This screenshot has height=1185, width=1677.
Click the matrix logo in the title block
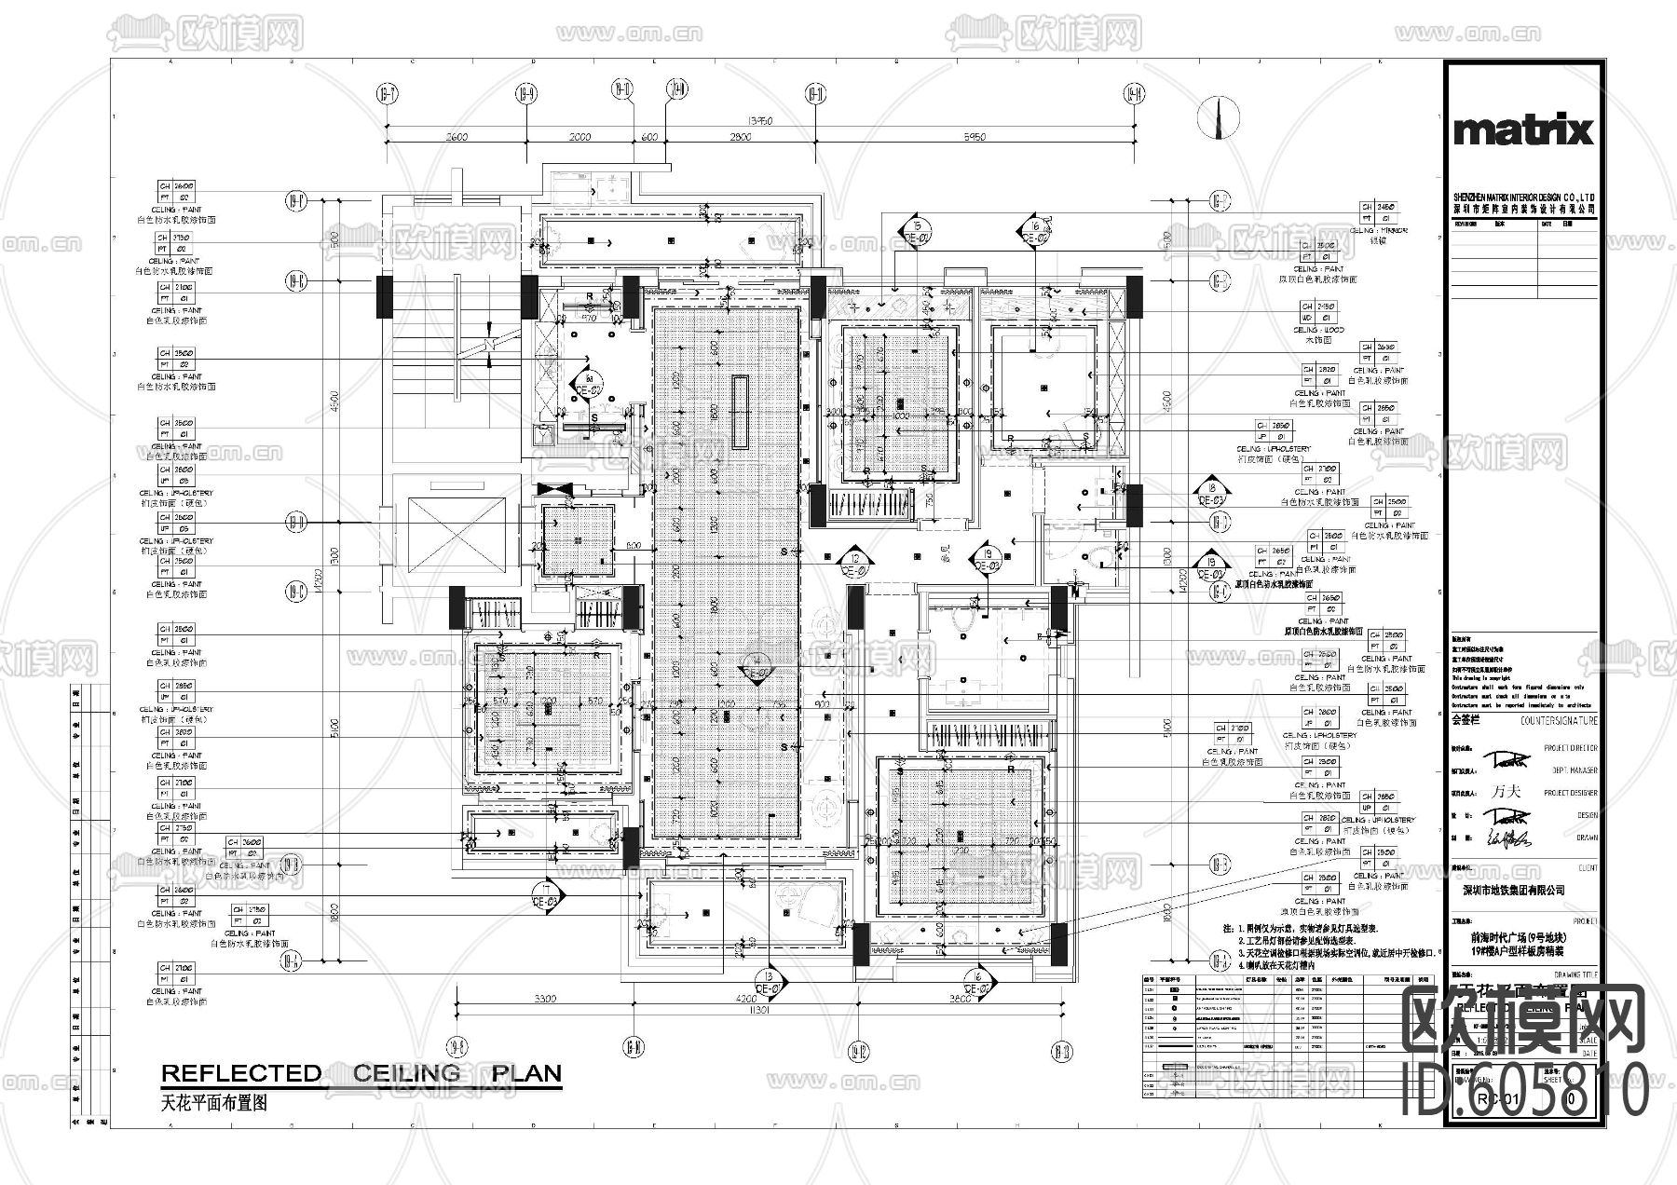point(1523,130)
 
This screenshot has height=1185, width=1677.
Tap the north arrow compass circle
point(1217,118)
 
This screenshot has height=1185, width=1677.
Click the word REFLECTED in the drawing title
point(241,1073)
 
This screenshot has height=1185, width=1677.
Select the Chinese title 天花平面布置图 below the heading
point(213,1102)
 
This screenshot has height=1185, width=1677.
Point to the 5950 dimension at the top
point(973,137)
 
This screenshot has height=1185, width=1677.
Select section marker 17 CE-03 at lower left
point(545,897)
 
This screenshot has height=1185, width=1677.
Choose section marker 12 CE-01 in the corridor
point(852,562)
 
